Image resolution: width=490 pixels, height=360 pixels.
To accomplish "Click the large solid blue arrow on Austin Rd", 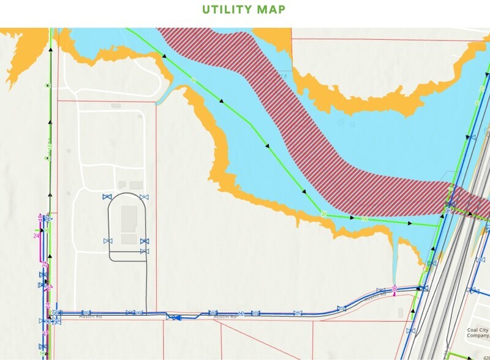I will (174, 317).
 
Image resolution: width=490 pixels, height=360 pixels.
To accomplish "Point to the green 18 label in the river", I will (365, 219).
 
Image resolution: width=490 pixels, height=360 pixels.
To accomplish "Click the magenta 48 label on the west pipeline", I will (40, 217).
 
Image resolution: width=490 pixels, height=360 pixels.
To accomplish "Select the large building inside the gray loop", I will (129, 217).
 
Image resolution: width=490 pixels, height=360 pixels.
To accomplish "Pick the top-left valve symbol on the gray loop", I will (107, 197).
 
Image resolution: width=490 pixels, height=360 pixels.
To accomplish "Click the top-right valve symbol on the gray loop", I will (145, 197).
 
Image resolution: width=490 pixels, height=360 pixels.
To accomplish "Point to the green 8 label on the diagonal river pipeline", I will (194, 80).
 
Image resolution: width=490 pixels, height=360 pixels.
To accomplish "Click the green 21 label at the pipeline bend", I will (323, 214).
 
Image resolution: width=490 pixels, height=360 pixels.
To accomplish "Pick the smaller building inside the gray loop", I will (129, 239).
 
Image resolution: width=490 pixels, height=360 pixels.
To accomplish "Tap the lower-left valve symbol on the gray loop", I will (108, 241).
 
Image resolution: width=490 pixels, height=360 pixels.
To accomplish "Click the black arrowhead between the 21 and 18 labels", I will (352, 217).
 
